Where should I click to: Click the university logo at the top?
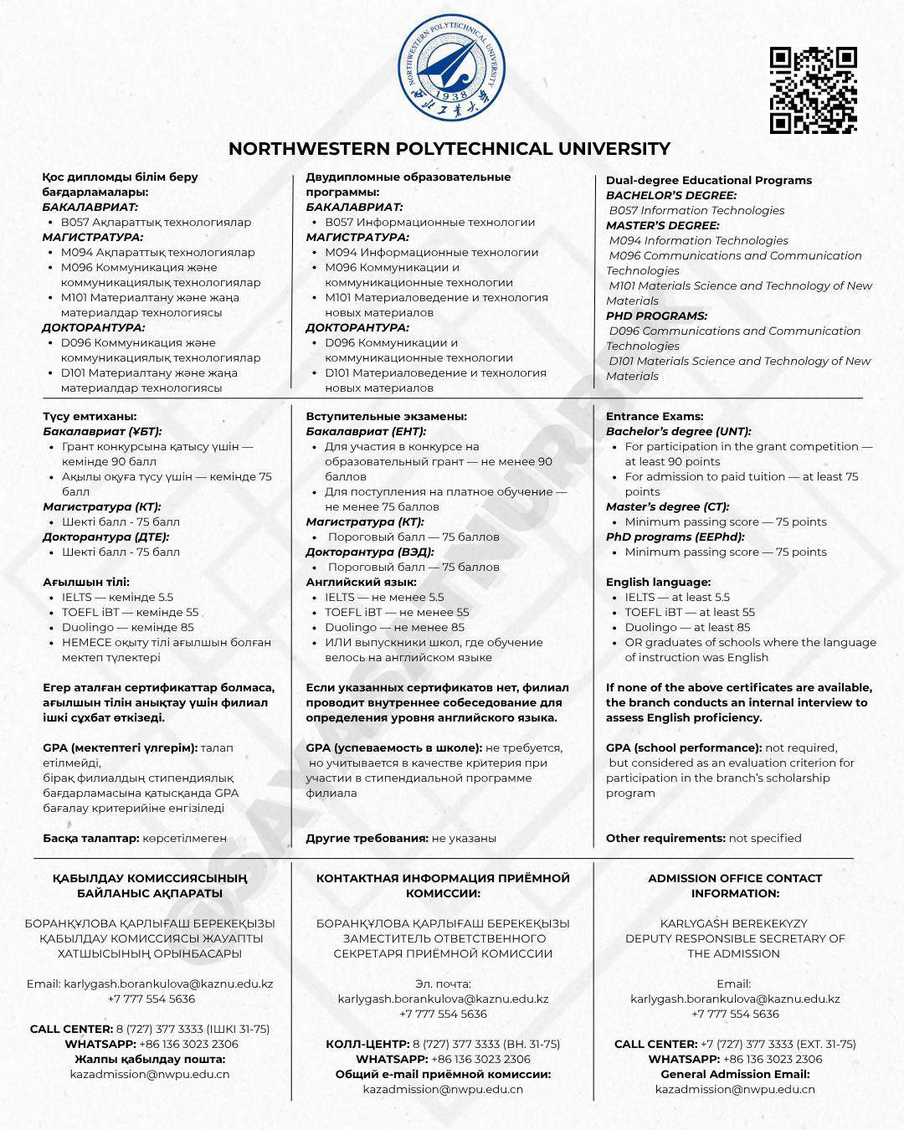pyautogui.click(x=451, y=67)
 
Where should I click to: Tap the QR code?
pyautogui.click(x=813, y=90)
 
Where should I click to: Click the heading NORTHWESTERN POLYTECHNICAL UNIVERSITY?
pyautogui.click(x=449, y=149)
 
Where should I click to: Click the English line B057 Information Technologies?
pyautogui.click(x=696, y=210)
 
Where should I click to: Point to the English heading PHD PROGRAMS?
pyautogui.click(x=656, y=316)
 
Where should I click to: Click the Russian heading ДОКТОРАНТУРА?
pyautogui.click(x=357, y=327)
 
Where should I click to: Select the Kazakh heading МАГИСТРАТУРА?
pyautogui.click(x=92, y=237)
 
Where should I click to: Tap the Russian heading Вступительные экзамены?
pyautogui.click(x=386, y=416)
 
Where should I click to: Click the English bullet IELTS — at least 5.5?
pyautogui.click(x=676, y=597)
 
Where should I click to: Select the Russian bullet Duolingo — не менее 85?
pyautogui.click(x=394, y=627)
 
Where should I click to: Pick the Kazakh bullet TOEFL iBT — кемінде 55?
pyautogui.click(x=130, y=612)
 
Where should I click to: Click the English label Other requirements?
pyautogui.click(x=665, y=838)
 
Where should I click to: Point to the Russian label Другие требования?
pyautogui.click(x=367, y=838)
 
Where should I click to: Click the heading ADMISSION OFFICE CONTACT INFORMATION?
pyautogui.click(x=734, y=886)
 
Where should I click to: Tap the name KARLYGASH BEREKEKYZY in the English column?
pyautogui.click(x=734, y=923)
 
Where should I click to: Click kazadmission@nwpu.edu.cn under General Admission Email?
pyautogui.click(x=734, y=1089)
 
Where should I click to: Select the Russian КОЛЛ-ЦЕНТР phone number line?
pyautogui.click(x=443, y=1044)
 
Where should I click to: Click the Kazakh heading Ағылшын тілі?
pyautogui.click(x=86, y=582)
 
